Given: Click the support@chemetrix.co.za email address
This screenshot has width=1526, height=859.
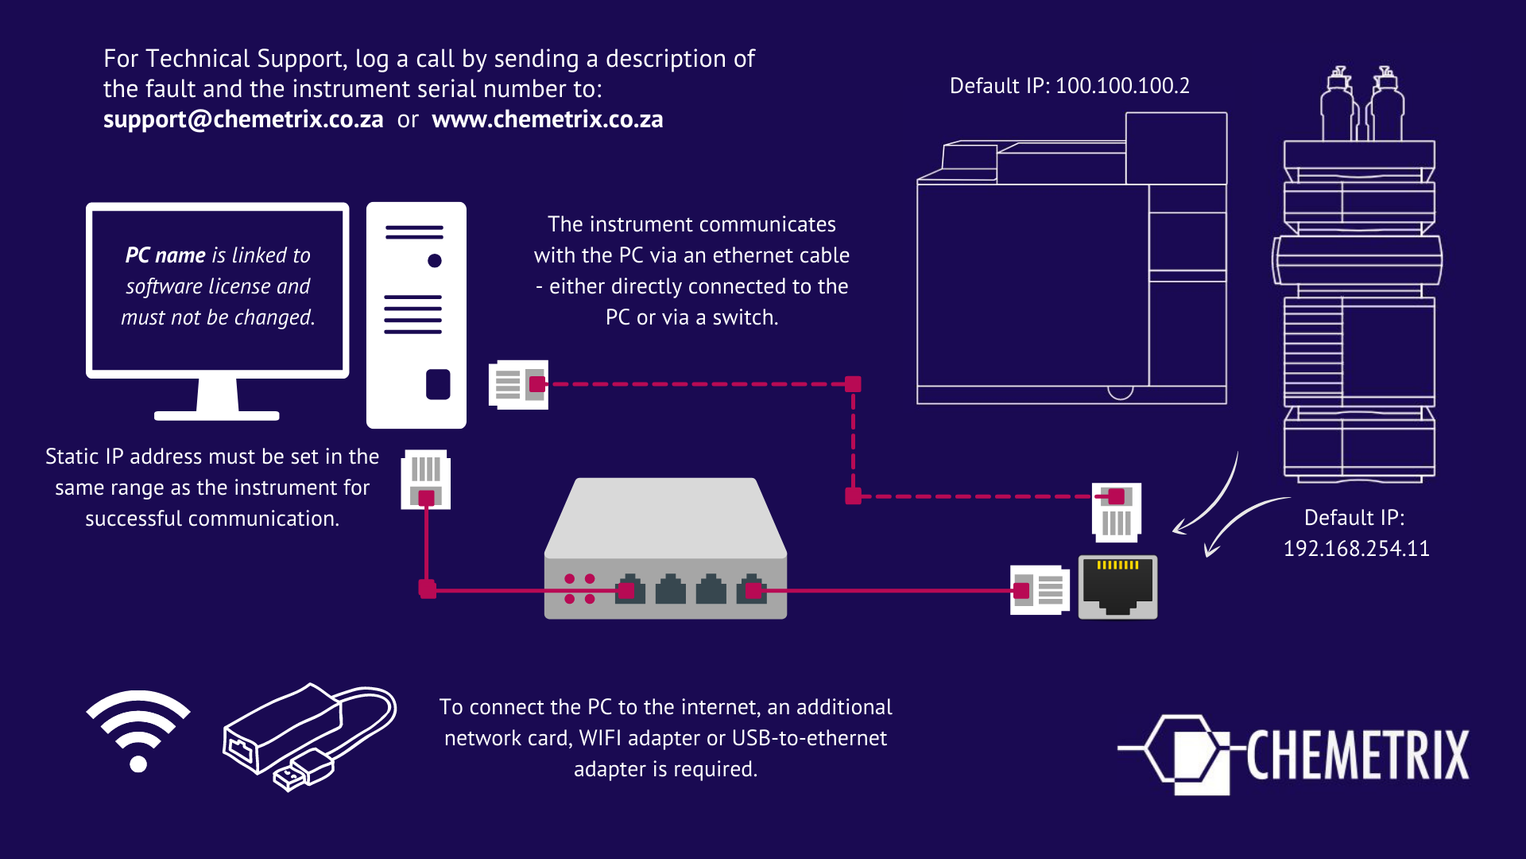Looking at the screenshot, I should tap(243, 119).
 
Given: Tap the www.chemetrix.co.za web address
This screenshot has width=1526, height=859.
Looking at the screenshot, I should tap(547, 119).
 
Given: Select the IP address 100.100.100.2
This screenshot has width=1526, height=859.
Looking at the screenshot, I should tap(1121, 86).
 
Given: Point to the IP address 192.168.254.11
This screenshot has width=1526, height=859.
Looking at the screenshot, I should tap(1356, 549).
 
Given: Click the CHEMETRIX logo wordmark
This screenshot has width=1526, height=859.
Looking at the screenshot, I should tap(1358, 755).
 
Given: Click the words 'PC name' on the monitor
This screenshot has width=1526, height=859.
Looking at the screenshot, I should tap(165, 255).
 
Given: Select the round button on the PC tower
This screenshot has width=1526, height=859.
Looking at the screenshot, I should tap(435, 261).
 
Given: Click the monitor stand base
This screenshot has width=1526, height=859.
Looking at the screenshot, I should tap(217, 415).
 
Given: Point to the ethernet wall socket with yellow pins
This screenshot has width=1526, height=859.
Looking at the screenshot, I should tap(1117, 587).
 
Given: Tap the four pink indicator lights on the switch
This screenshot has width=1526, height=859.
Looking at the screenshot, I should tap(579, 589).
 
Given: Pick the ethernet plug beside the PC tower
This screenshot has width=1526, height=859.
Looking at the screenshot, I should tap(519, 385).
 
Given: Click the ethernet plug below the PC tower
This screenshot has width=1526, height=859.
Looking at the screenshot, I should tap(426, 480).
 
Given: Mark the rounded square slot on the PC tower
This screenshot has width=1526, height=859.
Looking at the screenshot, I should tap(438, 384).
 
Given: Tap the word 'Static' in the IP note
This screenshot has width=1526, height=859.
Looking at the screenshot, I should tap(72, 457).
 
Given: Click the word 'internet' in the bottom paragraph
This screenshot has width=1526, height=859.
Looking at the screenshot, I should tap(715, 707).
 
